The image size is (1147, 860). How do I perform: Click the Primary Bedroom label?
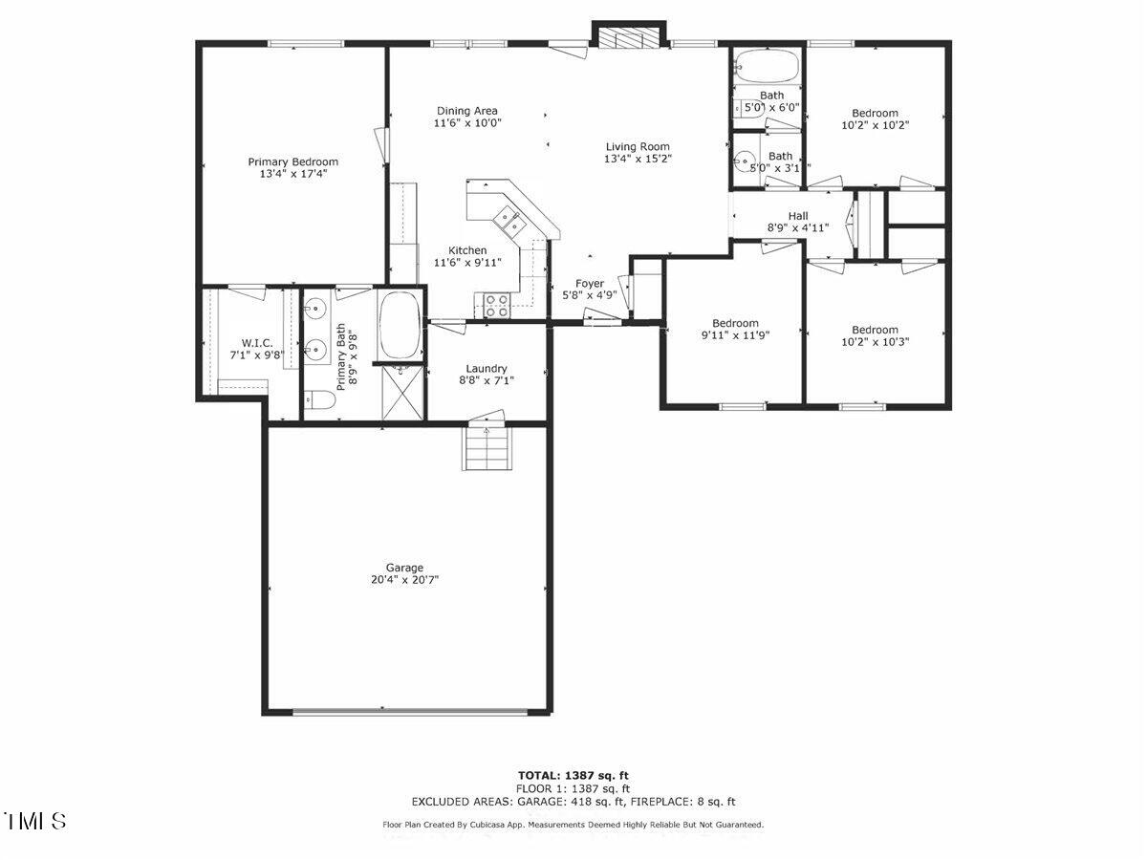(x=292, y=161)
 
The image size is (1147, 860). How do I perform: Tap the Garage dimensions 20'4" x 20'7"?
(x=404, y=579)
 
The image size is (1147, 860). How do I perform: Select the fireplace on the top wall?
(x=627, y=36)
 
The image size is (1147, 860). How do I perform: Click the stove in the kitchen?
(x=495, y=305)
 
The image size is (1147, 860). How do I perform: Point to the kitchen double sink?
(x=509, y=222)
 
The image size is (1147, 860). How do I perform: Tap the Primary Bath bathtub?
(x=400, y=324)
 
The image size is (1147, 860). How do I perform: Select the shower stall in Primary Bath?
(x=402, y=393)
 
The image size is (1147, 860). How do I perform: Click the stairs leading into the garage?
(x=486, y=446)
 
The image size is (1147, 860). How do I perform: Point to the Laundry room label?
(x=486, y=369)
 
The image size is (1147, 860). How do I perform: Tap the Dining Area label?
(x=466, y=111)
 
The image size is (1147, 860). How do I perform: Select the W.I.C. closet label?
(x=257, y=342)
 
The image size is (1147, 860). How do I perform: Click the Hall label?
(x=797, y=216)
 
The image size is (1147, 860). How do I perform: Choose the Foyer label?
(x=589, y=284)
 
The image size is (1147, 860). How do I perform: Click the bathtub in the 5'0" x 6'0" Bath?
(x=767, y=67)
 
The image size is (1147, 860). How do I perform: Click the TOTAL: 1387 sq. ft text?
(x=573, y=775)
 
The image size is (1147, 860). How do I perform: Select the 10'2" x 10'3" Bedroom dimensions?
(x=875, y=341)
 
